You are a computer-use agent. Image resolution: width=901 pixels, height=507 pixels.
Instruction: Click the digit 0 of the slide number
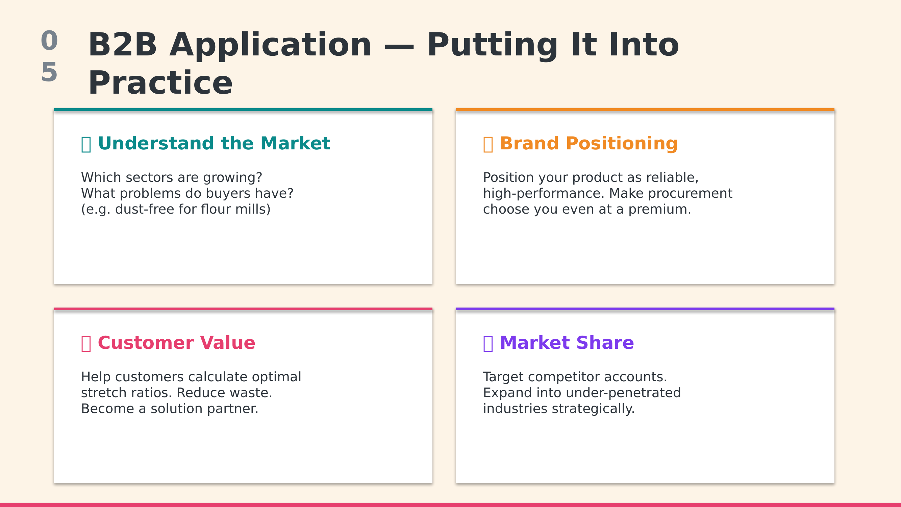(x=49, y=41)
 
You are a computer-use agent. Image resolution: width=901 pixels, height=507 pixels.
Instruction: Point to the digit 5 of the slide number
(x=49, y=72)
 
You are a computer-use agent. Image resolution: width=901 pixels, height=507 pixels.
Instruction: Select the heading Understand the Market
(x=214, y=143)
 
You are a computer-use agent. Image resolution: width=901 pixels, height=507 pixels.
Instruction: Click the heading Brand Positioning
(x=589, y=143)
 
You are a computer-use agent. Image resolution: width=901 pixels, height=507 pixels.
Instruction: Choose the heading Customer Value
(x=177, y=342)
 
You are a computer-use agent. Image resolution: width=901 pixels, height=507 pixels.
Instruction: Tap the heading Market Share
(x=567, y=342)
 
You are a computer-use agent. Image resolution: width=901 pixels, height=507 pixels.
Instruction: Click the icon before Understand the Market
(x=86, y=144)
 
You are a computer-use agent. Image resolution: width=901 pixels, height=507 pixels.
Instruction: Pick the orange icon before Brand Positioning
(x=488, y=144)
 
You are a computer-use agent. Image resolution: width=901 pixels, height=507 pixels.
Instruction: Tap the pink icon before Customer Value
(x=86, y=344)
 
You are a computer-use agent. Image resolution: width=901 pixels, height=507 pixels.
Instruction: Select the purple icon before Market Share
(x=488, y=344)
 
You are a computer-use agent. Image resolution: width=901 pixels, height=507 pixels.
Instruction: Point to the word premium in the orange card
(x=660, y=209)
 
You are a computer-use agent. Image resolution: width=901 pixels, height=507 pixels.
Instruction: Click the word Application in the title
(x=270, y=46)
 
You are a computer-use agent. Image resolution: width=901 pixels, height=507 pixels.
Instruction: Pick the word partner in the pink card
(x=232, y=409)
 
